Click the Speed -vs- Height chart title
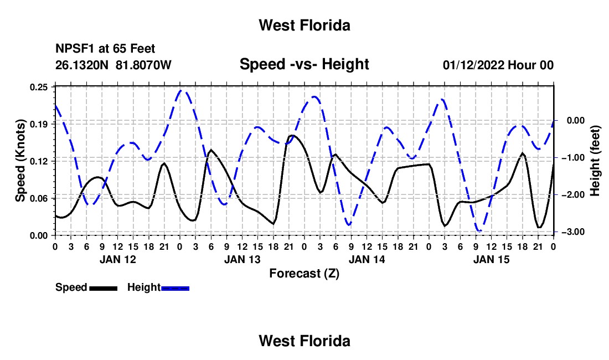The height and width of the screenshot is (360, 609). (x=304, y=64)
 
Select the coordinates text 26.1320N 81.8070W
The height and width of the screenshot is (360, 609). (x=113, y=65)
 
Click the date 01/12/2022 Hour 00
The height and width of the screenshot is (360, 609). (x=498, y=65)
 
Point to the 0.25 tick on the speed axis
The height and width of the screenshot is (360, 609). (x=39, y=87)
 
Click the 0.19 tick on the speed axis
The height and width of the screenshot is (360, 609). (x=39, y=124)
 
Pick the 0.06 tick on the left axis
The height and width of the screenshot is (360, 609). (x=39, y=198)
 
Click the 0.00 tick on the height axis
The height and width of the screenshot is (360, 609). (x=576, y=120)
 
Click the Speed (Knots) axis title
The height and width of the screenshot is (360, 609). (x=20, y=161)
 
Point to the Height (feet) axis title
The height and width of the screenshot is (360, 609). (x=595, y=161)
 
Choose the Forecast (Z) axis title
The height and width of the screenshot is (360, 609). (x=304, y=274)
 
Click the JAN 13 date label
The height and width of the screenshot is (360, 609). (x=242, y=259)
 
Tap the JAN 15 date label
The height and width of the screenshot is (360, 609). (x=491, y=259)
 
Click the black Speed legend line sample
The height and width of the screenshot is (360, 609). (x=104, y=289)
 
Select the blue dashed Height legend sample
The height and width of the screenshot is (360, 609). (x=175, y=289)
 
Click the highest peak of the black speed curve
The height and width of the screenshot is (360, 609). (x=292, y=136)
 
